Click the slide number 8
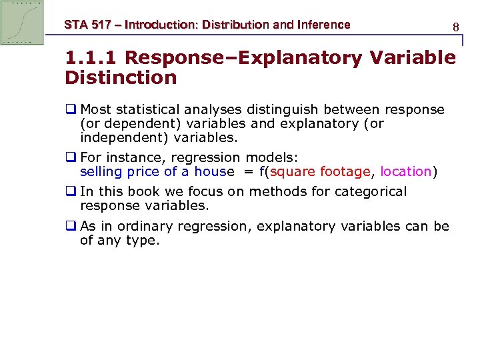click(x=456, y=27)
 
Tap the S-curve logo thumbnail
click(x=22, y=23)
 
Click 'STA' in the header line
click(x=75, y=25)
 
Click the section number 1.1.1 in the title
click(x=91, y=58)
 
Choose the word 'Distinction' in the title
click(x=121, y=78)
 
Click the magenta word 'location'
click(x=406, y=171)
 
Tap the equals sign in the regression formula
click(x=247, y=171)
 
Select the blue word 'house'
click(x=214, y=171)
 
